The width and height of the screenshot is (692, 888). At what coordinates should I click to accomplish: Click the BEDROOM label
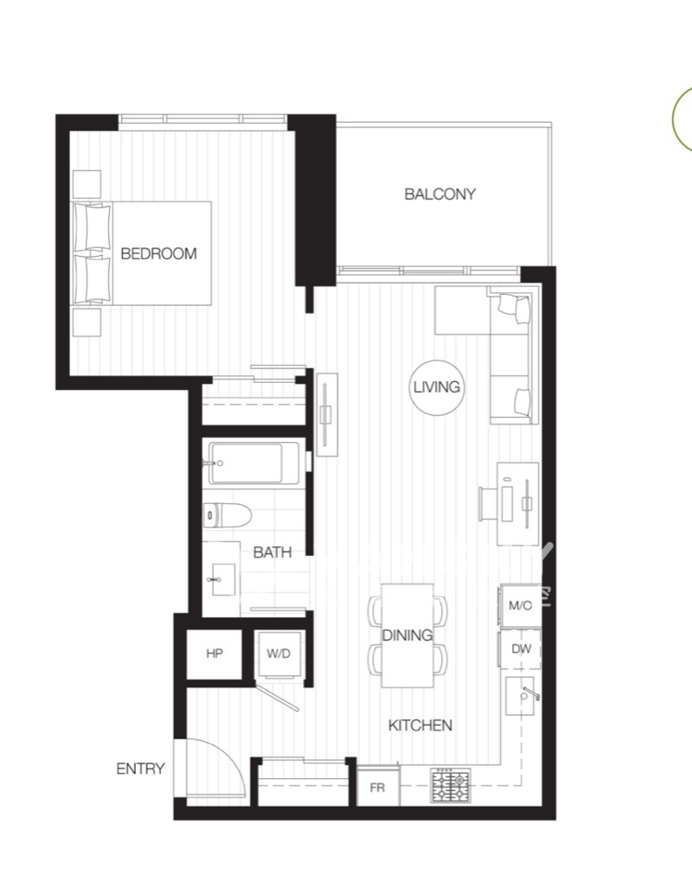point(158,253)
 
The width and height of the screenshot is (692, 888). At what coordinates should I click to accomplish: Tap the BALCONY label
point(439,195)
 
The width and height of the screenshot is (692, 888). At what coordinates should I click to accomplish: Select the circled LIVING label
point(437,387)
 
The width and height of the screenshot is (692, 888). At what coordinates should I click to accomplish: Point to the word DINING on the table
point(407,636)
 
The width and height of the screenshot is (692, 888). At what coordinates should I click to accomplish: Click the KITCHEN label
point(420,725)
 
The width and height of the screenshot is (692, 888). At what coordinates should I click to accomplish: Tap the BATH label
point(272,553)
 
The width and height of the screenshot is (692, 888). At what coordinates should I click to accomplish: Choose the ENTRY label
point(140,769)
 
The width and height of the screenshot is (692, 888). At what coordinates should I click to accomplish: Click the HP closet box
point(215,654)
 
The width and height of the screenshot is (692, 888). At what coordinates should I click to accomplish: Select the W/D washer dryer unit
point(279,654)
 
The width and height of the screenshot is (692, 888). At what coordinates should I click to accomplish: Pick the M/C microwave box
point(520,605)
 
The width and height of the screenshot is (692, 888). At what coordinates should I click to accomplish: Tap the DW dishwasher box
point(520,649)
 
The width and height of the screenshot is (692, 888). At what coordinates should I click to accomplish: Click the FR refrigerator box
point(377,787)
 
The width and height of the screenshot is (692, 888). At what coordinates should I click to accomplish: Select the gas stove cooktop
point(451,785)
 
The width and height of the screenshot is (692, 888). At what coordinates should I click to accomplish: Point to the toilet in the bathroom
point(227,515)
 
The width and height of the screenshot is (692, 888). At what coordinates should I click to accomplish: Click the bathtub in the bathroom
point(254,463)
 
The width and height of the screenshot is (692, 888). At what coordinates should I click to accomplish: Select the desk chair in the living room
point(487,503)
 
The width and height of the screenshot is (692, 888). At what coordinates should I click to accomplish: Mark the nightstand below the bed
point(86,323)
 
